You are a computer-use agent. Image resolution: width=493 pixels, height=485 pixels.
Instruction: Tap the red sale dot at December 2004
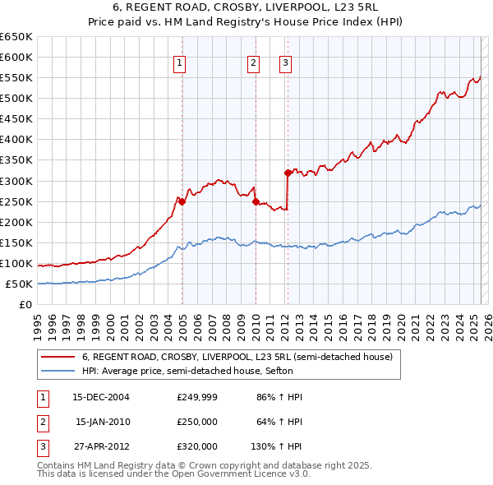pyautogui.click(x=182, y=201)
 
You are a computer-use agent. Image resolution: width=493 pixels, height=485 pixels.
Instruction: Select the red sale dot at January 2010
pyautogui.click(x=256, y=201)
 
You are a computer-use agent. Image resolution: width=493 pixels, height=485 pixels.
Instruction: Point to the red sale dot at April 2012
pyautogui.click(x=288, y=173)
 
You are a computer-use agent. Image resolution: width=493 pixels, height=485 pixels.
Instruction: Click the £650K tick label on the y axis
pyautogui.click(x=16, y=37)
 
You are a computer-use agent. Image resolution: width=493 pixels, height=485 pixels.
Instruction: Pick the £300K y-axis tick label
pyautogui.click(x=16, y=181)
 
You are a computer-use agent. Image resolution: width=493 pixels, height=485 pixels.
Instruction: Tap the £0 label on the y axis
pyautogui.click(x=25, y=305)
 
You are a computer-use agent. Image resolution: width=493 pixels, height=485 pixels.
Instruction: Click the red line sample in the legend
pyautogui.click(x=58, y=357)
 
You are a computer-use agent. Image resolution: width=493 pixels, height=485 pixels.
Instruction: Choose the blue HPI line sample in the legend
pyautogui.click(x=58, y=371)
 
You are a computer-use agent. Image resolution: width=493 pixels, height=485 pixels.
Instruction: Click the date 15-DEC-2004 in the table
pyautogui.click(x=101, y=397)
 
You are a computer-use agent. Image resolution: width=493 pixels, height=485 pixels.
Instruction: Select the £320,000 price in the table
pyautogui.click(x=197, y=446)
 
